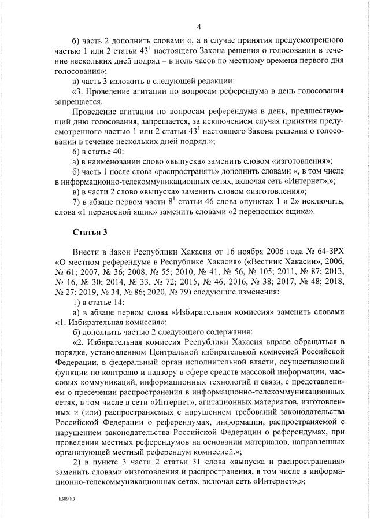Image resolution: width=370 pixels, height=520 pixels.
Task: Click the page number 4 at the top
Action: coord(198,27)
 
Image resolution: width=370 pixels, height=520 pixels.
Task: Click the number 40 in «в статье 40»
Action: coord(113,150)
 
